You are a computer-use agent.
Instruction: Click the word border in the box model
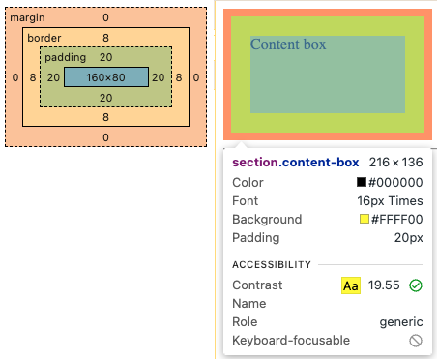pos(44,37)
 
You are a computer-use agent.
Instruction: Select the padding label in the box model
pos(65,57)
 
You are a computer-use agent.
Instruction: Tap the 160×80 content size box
pos(106,76)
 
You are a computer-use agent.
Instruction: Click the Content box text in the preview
pos(288,45)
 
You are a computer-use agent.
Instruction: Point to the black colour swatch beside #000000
pos(362,182)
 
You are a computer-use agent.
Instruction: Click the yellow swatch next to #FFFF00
pos(365,220)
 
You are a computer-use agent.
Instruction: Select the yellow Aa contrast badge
pos(351,285)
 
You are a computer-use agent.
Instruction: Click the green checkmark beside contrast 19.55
pos(416,285)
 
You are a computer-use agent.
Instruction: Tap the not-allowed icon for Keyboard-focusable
pos(416,341)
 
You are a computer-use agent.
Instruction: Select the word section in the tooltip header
pos(256,163)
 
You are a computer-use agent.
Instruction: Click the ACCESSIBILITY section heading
pos(272,264)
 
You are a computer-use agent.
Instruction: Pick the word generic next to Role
pos(400,322)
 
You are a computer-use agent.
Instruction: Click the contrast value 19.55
pos(384,285)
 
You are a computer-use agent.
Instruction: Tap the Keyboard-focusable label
pos(291,341)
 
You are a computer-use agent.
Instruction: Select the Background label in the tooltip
pos(267,220)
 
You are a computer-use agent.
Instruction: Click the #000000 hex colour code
pos(396,182)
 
